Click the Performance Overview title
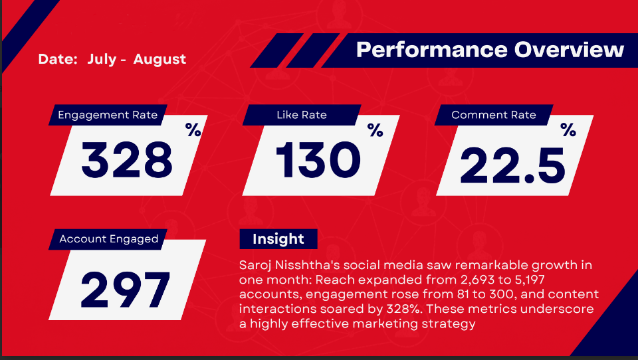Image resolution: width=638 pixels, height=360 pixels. (x=490, y=50)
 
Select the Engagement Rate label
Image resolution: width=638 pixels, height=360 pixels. (x=108, y=115)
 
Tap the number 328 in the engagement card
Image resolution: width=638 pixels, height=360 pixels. (x=127, y=160)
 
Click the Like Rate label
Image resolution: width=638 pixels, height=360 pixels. (x=302, y=115)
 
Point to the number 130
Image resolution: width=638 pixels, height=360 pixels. (x=318, y=160)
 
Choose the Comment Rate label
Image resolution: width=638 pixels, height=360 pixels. (x=494, y=115)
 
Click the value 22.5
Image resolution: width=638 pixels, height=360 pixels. (x=512, y=165)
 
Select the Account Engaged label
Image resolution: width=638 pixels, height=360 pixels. (x=108, y=239)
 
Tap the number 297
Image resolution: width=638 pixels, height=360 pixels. (x=126, y=289)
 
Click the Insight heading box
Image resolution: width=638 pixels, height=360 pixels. (x=278, y=238)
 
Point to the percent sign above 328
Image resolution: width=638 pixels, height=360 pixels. (x=193, y=130)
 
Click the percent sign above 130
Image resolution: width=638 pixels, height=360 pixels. (x=375, y=130)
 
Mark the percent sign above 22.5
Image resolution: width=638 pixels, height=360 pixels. (x=568, y=130)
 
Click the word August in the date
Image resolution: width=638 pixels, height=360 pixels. (x=159, y=59)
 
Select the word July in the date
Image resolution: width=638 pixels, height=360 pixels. (x=102, y=59)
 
